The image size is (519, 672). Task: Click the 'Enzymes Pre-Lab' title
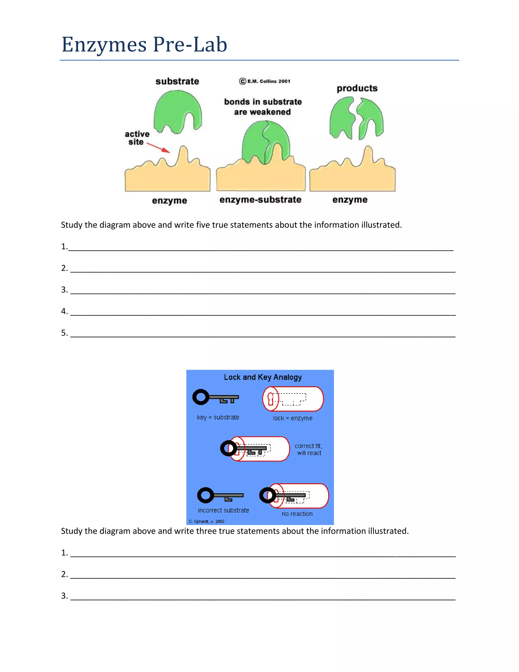coord(144,45)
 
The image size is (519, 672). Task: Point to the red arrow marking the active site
coord(158,147)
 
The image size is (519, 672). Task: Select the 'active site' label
coord(137,138)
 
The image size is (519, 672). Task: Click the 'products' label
coord(357,88)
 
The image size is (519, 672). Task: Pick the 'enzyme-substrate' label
coord(260,200)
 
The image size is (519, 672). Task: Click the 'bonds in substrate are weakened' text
coord(263,107)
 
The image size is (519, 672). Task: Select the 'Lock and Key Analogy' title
coord(263,377)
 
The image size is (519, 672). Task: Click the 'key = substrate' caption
coord(218,417)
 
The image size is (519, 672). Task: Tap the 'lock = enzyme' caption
coord(292,418)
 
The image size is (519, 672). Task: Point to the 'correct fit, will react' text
coord(309,449)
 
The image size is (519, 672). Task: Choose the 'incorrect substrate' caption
coord(223,510)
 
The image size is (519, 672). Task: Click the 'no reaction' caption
coord(297,514)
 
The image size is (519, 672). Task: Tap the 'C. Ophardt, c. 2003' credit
coord(207,521)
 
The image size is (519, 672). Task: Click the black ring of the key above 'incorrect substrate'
coord(205,495)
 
